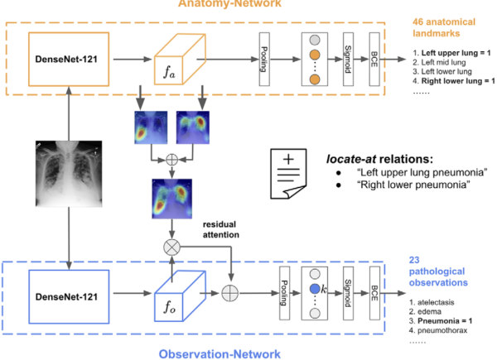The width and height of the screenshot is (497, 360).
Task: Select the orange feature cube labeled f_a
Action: click(177, 61)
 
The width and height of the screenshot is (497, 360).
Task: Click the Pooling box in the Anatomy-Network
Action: click(264, 61)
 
